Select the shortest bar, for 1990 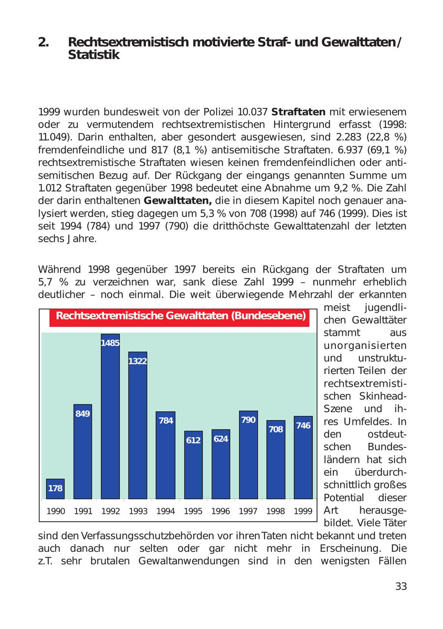click(x=55, y=489)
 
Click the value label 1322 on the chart click(x=138, y=361)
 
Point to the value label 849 click(x=83, y=413)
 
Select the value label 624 click(x=221, y=438)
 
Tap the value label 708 click(x=276, y=429)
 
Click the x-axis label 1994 click(x=165, y=511)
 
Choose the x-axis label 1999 click(x=303, y=511)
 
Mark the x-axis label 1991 click(x=83, y=511)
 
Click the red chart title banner click(x=180, y=316)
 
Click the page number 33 click(x=401, y=586)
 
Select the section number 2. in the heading click(x=44, y=42)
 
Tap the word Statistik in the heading click(x=94, y=55)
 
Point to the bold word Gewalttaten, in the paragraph click(x=178, y=201)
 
